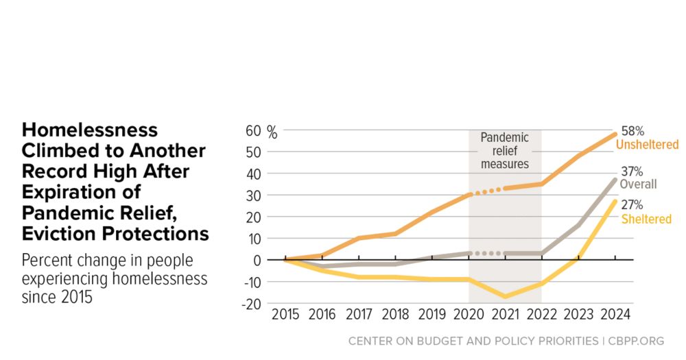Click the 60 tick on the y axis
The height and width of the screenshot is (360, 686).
[254, 131]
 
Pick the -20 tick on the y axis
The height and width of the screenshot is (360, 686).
[252, 304]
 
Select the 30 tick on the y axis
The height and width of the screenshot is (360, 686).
[254, 195]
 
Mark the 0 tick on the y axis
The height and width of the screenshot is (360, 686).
[258, 261]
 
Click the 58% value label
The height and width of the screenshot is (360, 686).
[632, 130]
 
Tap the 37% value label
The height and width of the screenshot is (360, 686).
[632, 171]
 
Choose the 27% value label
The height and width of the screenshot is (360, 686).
[632, 205]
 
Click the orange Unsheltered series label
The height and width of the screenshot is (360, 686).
[647, 145]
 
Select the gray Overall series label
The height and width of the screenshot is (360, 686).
[638, 184]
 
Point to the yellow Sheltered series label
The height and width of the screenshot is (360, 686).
[646, 219]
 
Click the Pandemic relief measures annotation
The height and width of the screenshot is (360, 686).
[504, 151]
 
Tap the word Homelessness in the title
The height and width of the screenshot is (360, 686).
[90, 130]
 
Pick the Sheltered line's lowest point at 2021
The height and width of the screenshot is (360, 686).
[505, 296]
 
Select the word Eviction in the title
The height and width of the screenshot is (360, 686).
[62, 234]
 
